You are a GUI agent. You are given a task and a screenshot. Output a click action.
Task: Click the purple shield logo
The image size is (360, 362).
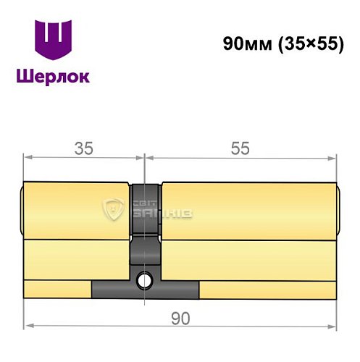click(x=54, y=41)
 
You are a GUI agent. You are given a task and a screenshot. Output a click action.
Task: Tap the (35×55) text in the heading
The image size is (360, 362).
click(x=311, y=43)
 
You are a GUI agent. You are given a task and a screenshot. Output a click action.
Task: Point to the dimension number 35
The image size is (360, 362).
click(x=84, y=148)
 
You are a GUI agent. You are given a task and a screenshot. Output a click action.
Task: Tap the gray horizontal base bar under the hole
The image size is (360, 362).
click(x=145, y=290)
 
